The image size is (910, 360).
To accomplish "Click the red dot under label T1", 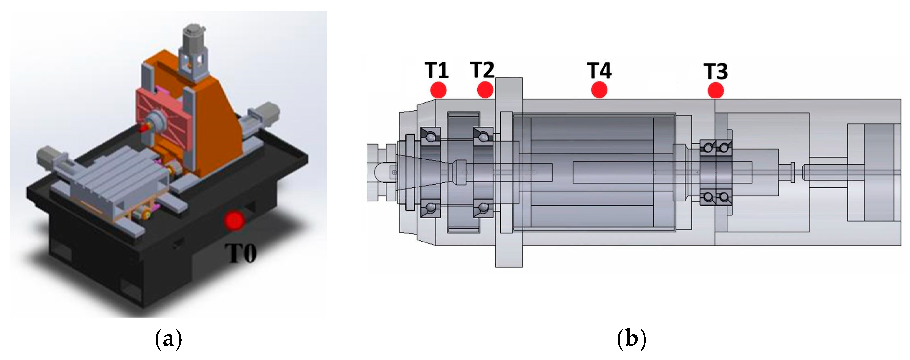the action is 438,90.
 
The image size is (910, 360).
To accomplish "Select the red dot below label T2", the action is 485,90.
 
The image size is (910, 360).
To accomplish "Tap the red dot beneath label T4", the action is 599,90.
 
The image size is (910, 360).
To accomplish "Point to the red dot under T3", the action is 716,90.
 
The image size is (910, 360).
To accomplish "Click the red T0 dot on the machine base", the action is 234,220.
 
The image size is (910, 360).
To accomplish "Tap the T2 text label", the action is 482,70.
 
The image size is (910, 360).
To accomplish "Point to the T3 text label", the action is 716,71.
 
